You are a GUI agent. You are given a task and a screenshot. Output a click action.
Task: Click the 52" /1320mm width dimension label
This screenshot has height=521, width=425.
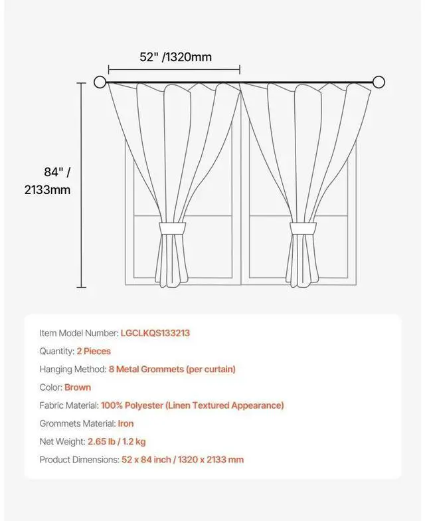[x=175, y=57]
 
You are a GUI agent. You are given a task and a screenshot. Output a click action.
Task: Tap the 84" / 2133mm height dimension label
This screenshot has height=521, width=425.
[x=47, y=181]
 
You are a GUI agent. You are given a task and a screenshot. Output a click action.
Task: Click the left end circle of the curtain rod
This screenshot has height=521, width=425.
[x=100, y=82]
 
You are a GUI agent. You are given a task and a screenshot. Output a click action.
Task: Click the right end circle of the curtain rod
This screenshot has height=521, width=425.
[x=379, y=82]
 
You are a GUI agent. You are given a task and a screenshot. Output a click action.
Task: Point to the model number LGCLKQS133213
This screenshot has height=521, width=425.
[x=155, y=333]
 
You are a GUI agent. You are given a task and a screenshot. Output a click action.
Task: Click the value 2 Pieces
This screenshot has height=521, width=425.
[x=93, y=351]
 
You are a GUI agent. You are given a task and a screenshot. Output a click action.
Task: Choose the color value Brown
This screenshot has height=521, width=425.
[x=78, y=387]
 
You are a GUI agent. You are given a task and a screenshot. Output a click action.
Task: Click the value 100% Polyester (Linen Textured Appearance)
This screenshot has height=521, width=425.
[x=192, y=405]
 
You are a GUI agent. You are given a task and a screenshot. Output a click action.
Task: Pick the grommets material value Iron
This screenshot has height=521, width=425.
[x=126, y=423]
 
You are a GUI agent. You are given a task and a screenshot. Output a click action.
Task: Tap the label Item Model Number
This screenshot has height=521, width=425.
[x=79, y=333]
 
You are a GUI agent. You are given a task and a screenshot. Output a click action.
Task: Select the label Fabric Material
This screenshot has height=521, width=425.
[x=69, y=405]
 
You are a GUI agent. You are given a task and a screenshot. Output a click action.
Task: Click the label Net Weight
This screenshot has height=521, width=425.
[x=62, y=441]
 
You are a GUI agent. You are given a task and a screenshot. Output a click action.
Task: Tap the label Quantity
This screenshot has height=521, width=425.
[x=56, y=351]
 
